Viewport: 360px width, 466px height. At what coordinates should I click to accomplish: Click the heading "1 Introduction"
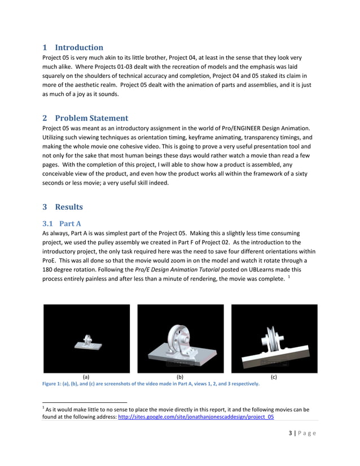73,47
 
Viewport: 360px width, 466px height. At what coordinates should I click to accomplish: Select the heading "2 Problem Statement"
85,118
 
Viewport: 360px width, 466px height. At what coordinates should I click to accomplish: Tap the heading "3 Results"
63,206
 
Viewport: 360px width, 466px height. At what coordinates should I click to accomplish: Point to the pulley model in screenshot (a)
87,342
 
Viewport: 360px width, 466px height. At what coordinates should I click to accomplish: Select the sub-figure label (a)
86,376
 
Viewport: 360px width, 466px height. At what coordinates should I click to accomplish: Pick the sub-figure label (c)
274,376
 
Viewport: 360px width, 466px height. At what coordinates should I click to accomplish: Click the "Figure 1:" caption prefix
54,384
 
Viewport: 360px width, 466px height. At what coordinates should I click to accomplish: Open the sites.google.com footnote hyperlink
196,417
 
